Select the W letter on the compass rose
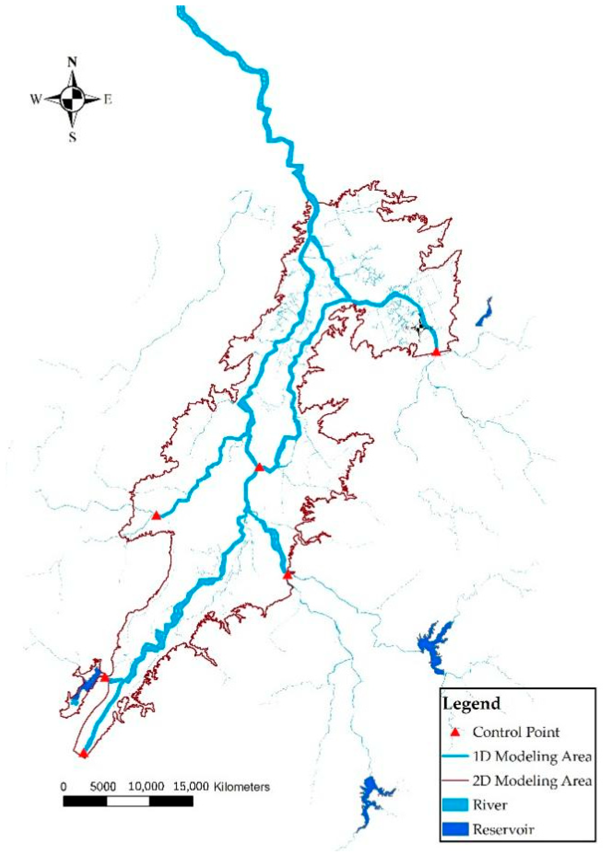35,99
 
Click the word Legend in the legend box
471,704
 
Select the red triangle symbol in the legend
455,732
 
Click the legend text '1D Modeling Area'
532,757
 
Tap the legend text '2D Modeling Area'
532,781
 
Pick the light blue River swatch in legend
455,805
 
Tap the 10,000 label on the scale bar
146,787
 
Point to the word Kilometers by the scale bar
242,787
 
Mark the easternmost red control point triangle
436,352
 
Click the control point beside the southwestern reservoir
105,677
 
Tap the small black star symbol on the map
419,327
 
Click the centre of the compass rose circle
73,99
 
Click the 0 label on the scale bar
63,787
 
